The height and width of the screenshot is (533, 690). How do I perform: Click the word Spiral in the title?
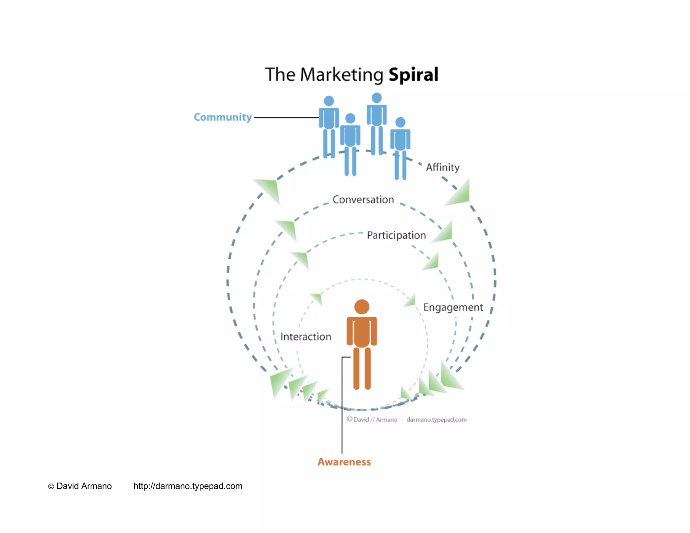(x=413, y=74)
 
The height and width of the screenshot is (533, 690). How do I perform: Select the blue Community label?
(x=222, y=117)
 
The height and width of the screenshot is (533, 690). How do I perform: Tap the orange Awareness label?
(x=344, y=462)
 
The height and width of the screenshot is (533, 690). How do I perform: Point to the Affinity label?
(x=442, y=167)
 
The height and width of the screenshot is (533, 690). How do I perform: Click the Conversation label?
(x=363, y=199)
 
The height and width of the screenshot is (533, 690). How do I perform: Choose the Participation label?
(x=396, y=235)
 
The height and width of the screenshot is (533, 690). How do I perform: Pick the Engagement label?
(x=453, y=307)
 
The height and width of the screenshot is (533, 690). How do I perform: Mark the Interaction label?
(x=306, y=337)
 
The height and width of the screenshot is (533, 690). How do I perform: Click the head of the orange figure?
(x=362, y=307)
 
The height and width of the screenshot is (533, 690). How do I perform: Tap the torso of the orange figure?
(x=362, y=332)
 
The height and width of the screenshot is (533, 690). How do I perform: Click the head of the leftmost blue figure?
(x=329, y=101)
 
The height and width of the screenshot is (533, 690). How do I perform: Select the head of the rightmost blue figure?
(x=400, y=122)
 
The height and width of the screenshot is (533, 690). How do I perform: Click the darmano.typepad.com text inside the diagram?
(x=436, y=419)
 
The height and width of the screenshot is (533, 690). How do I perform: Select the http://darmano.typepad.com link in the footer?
(x=188, y=486)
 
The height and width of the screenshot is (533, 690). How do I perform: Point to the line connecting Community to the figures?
(x=286, y=118)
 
